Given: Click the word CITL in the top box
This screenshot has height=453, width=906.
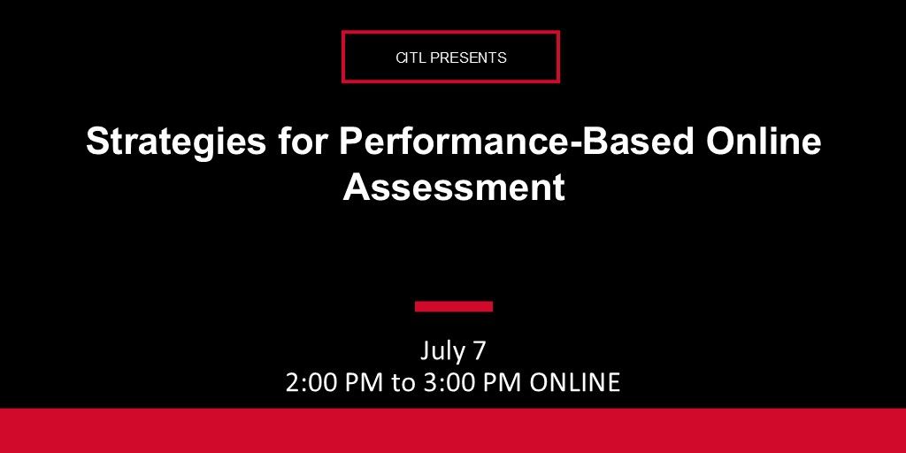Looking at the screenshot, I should tap(410, 58).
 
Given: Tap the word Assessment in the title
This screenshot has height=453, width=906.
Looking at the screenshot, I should tap(454, 187).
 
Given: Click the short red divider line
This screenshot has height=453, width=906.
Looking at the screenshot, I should tap(453, 307).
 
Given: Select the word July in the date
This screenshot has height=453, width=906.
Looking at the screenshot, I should tap(441, 351).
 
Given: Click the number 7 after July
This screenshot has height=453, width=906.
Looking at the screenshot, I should tap(479, 351).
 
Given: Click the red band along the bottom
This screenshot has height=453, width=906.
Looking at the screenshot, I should tap(453, 431).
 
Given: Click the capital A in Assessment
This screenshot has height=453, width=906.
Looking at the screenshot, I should tap(355, 187).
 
